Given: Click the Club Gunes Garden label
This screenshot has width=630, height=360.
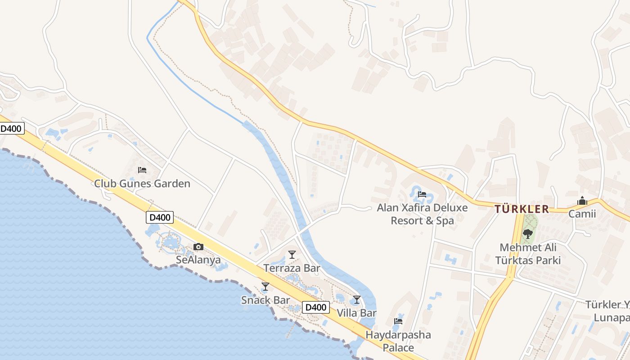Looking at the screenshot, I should [x=142, y=184].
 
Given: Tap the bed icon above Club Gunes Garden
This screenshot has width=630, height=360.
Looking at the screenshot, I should [x=142, y=170].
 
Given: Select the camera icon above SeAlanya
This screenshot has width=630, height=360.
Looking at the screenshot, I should [x=198, y=247].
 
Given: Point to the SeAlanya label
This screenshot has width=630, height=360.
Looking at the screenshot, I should [x=198, y=260].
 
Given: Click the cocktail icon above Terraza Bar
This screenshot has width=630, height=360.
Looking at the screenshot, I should [x=292, y=255].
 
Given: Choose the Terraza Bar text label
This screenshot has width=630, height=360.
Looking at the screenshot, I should [x=292, y=269].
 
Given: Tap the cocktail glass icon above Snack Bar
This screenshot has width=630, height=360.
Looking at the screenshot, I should [x=265, y=286].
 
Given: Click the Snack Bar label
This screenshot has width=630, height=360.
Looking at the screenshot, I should [x=265, y=300].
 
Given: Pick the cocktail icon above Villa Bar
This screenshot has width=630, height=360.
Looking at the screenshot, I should [x=357, y=299].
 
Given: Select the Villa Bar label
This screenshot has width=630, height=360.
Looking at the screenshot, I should [x=357, y=313].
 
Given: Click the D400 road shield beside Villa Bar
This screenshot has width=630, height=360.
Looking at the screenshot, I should [x=315, y=308].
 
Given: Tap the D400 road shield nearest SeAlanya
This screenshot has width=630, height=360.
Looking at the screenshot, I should [x=160, y=217].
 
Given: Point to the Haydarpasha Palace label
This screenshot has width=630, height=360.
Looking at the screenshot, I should [x=398, y=341].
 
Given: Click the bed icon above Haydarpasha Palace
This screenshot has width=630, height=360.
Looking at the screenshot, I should [x=398, y=321].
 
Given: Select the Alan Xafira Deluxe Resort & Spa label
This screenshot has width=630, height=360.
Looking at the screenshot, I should [x=422, y=214].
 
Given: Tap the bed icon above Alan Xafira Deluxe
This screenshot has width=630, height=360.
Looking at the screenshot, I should [x=422, y=194].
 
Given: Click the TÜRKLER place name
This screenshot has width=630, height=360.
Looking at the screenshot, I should [x=522, y=209].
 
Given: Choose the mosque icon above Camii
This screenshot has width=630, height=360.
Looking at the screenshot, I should [x=582, y=201].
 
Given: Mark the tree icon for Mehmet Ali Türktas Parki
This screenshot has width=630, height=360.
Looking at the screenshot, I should [x=528, y=234].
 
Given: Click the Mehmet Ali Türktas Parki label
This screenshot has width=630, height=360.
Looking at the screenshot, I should [x=528, y=254].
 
